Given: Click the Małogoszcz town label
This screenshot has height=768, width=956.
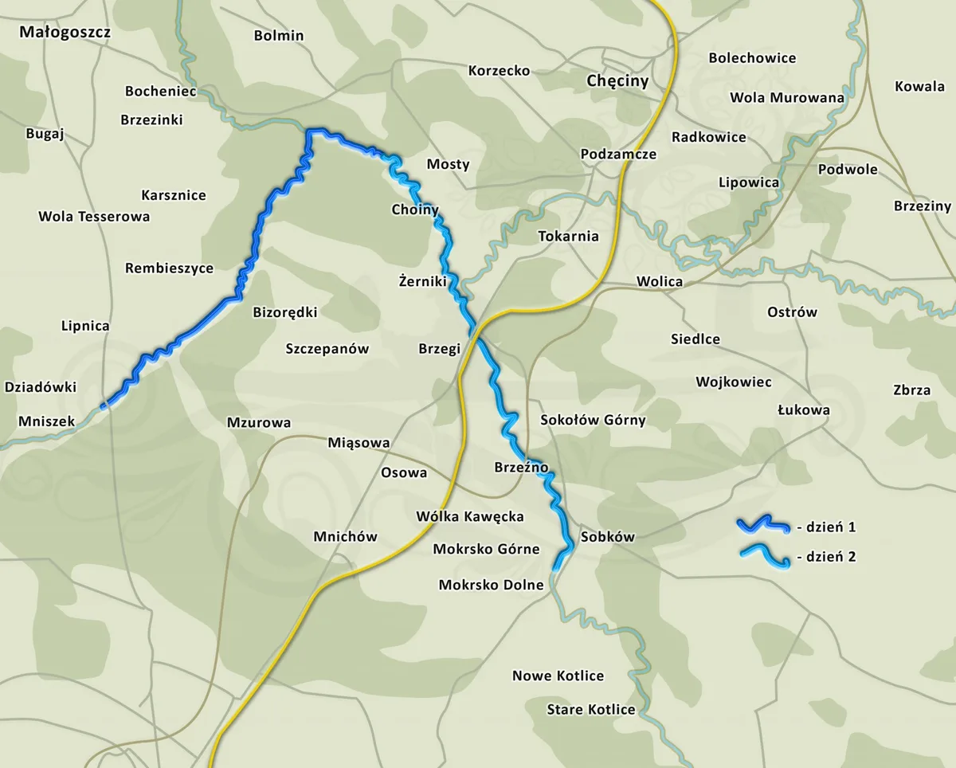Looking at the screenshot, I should coord(65,33).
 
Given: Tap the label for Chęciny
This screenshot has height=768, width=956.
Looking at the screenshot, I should coord(617,81).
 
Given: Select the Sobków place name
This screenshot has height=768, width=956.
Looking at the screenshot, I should coord(608,537).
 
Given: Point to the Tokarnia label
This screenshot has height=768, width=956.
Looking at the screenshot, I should coord(568,237).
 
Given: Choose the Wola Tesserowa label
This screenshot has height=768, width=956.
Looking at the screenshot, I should coord(94,217).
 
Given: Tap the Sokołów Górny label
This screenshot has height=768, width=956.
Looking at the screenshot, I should coord(593,420).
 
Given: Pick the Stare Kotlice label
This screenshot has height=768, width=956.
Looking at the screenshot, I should coord(591,710).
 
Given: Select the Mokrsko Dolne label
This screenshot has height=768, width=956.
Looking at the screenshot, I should coord(491,586).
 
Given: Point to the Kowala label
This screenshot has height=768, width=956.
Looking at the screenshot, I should coord(919,87).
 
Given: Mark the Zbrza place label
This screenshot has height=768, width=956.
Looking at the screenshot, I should coord(911,390).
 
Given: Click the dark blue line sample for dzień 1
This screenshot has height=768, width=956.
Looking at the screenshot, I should coord(762,524).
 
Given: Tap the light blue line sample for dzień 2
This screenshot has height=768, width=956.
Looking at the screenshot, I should coord(762,555).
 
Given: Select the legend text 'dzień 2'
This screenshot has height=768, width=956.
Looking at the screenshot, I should coord(830,557).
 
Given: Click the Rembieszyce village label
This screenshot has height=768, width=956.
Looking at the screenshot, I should coord(169,268).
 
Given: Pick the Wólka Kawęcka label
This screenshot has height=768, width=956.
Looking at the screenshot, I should coord(470,517).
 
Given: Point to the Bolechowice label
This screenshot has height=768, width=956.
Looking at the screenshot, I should coord(752,58).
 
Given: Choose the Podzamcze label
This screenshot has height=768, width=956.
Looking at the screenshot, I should coord(618,155).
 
